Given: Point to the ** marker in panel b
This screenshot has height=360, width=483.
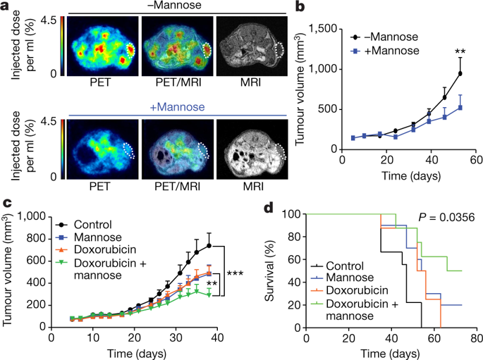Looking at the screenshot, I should pos(460,52).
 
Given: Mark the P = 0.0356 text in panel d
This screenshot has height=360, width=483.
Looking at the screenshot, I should pos(432,220).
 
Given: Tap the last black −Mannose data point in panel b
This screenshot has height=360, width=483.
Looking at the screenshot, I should pos(460,73).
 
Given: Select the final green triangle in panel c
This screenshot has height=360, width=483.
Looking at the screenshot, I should pos(209,296).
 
